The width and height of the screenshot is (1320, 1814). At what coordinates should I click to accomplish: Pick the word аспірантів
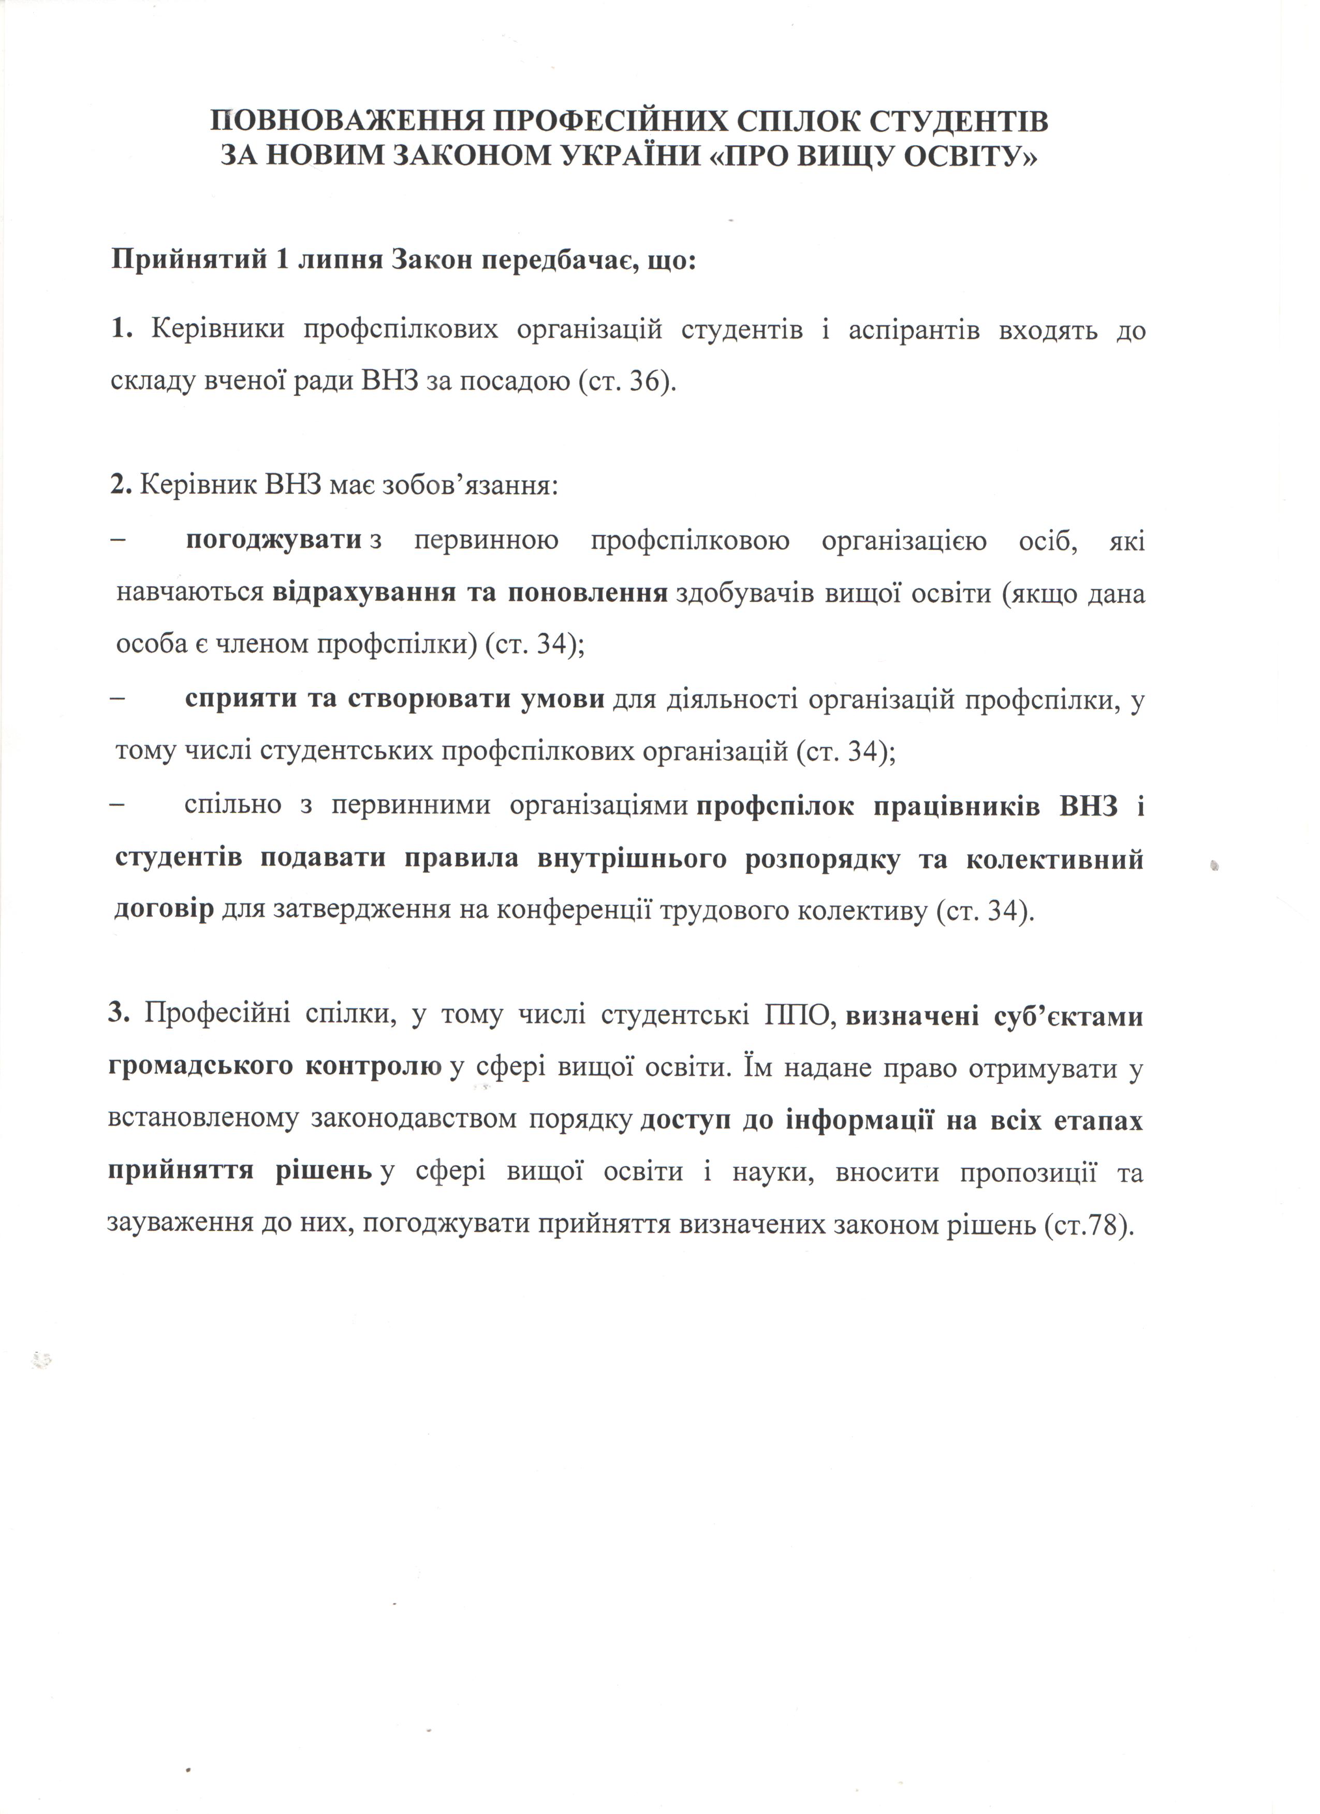(913, 330)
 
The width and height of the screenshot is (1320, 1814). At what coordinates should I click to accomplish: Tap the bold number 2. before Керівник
(121, 485)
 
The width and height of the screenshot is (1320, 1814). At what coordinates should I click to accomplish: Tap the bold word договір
(164, 910)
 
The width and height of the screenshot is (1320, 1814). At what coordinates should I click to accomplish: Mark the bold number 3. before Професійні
(119, 1015)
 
